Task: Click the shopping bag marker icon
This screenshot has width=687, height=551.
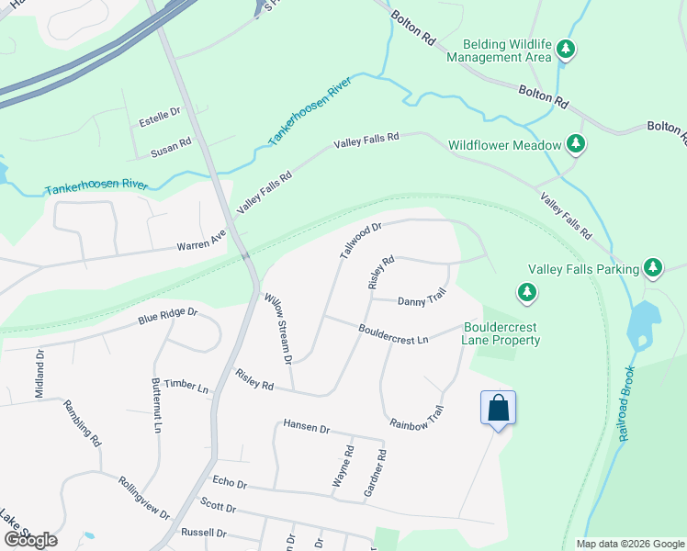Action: pos(498,407)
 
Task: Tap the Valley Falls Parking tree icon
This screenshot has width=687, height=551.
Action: pos(653,268)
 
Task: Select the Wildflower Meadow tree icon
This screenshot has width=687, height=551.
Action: pos(576,143)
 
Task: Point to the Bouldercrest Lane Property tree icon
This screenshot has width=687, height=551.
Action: pos(527,293)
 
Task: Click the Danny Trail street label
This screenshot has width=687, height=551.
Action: pos(422,298)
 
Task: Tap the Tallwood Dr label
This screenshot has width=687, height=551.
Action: pos(359,239)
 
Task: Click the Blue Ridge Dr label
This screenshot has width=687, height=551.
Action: pos(168,316)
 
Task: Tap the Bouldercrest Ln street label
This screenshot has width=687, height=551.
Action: pos(394,334)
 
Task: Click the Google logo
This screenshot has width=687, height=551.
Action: pos(30,539)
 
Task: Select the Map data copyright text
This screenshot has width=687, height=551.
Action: pos(629,544)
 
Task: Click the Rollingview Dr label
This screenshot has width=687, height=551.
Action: pos(144,497)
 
